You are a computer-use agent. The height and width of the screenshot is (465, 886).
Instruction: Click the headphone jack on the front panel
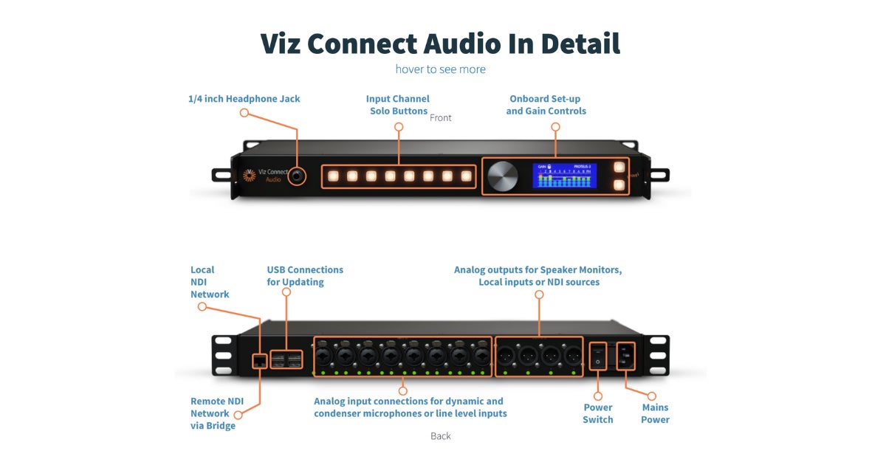pos(298,176)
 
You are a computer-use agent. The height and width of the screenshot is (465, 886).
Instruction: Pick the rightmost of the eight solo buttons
pos(466,176)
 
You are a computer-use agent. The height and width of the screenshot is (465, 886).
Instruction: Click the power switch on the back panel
pos(598,355)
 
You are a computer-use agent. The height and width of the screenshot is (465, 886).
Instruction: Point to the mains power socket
pos(625,355)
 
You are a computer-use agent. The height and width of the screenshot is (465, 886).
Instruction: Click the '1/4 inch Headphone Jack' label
pos(244,99)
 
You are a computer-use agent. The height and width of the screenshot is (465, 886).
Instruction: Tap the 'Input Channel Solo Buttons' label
pos(398,105)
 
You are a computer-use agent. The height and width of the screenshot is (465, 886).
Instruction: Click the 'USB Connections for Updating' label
pos(305,276)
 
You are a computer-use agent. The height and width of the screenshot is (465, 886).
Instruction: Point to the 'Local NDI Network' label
pos(210,282)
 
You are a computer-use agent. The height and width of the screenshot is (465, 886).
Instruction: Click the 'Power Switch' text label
pos(598,413)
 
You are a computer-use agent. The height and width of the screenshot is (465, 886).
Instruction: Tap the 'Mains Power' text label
pos(655,413)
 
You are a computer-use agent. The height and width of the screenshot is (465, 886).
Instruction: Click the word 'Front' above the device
pos(441,118)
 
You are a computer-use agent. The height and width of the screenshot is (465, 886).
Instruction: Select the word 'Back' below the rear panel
pos(441,436)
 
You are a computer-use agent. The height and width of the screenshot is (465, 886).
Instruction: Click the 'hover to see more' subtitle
pos(440,69)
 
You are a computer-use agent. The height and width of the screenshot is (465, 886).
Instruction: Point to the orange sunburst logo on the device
pos(250,176)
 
